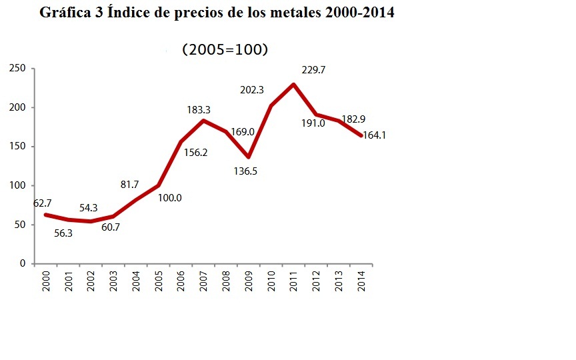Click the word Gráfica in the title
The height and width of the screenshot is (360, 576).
click(x=66, y=13)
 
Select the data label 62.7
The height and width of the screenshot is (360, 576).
click(x=45, y=203)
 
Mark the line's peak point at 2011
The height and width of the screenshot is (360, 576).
click(x=293, y=85)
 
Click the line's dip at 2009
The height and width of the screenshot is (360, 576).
click(x=248, y=157)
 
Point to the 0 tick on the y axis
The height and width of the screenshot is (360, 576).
click(x=22, y=264)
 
